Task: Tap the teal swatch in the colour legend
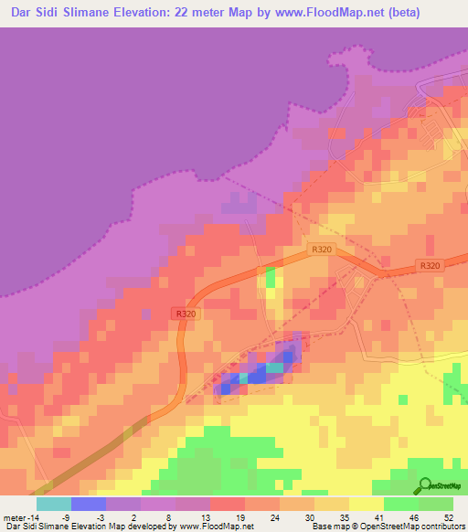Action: [x=53, y=504]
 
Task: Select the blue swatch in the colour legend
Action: [x=88, y=504]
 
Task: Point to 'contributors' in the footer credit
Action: [x=442, y=527]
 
